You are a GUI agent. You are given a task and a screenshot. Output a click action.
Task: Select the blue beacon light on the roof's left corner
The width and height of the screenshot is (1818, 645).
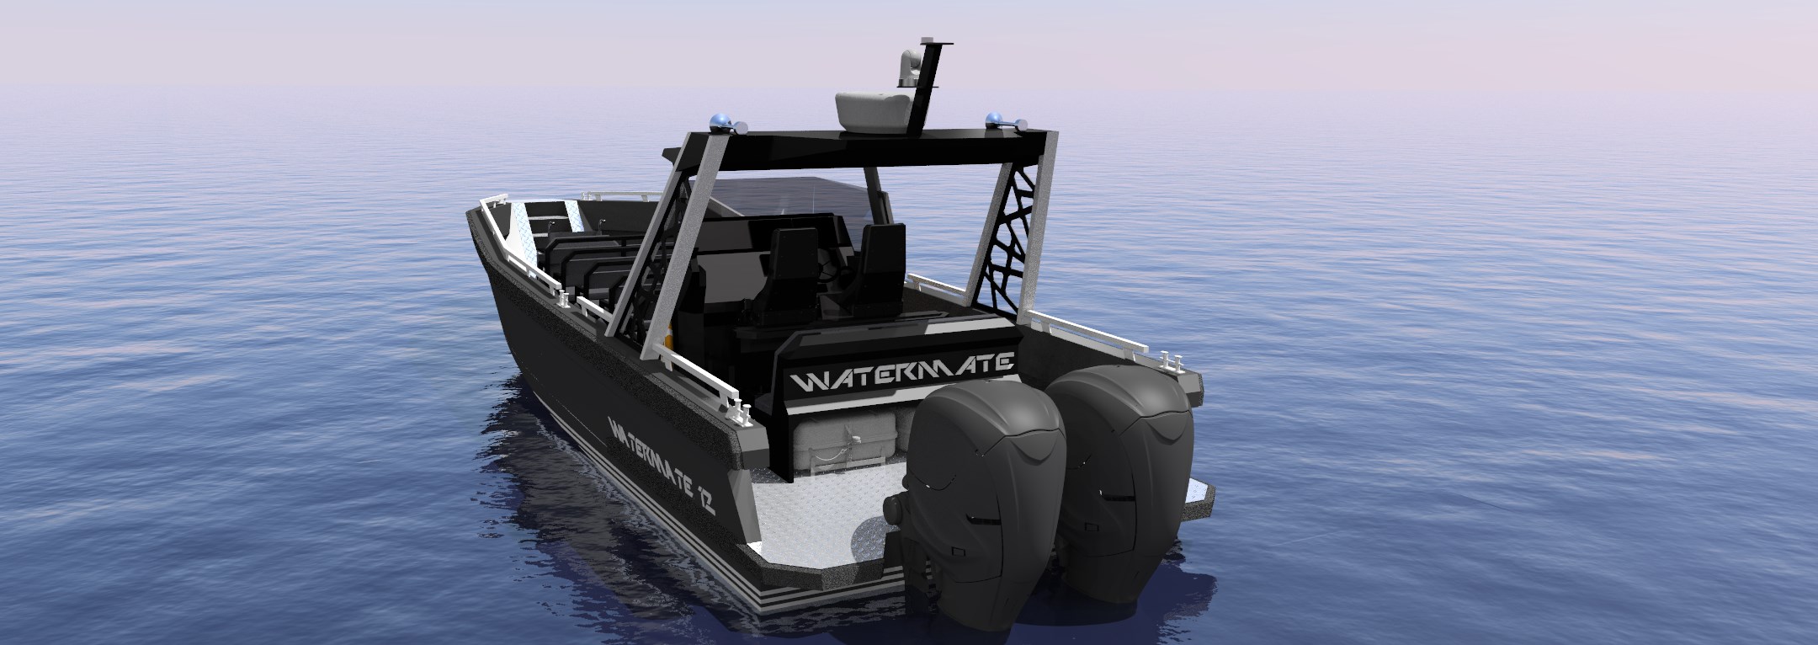pos(721,121)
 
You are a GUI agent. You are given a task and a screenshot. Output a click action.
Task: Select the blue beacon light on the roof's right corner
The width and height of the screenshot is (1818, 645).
pos(996,117)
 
